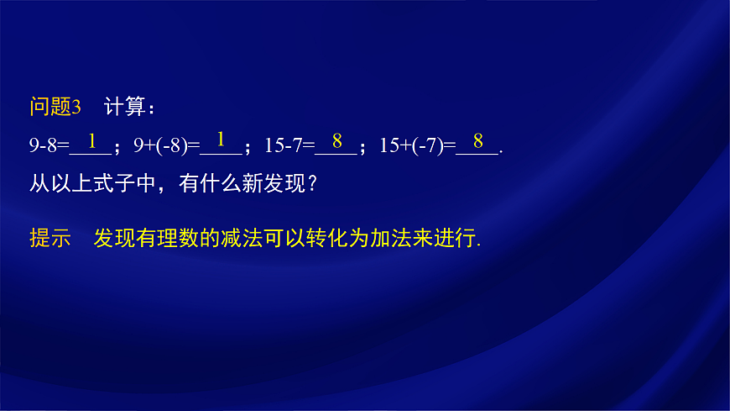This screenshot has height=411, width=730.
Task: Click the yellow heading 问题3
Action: [x=55, y=108]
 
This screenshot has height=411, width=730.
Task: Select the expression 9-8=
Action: [x=49, y=145]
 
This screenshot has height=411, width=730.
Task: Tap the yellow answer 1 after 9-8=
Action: [x=91, y=140]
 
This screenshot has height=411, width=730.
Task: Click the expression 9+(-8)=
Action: [x=166, y=145]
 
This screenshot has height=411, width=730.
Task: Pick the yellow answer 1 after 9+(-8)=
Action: [x=221, y=140]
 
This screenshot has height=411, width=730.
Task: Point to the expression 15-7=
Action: [x=289, y=145]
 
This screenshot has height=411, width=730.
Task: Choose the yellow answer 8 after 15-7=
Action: [x=336, y=140]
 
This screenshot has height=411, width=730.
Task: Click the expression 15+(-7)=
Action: [x=416, y=145]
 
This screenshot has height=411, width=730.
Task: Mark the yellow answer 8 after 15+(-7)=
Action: [x=477, y=140]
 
